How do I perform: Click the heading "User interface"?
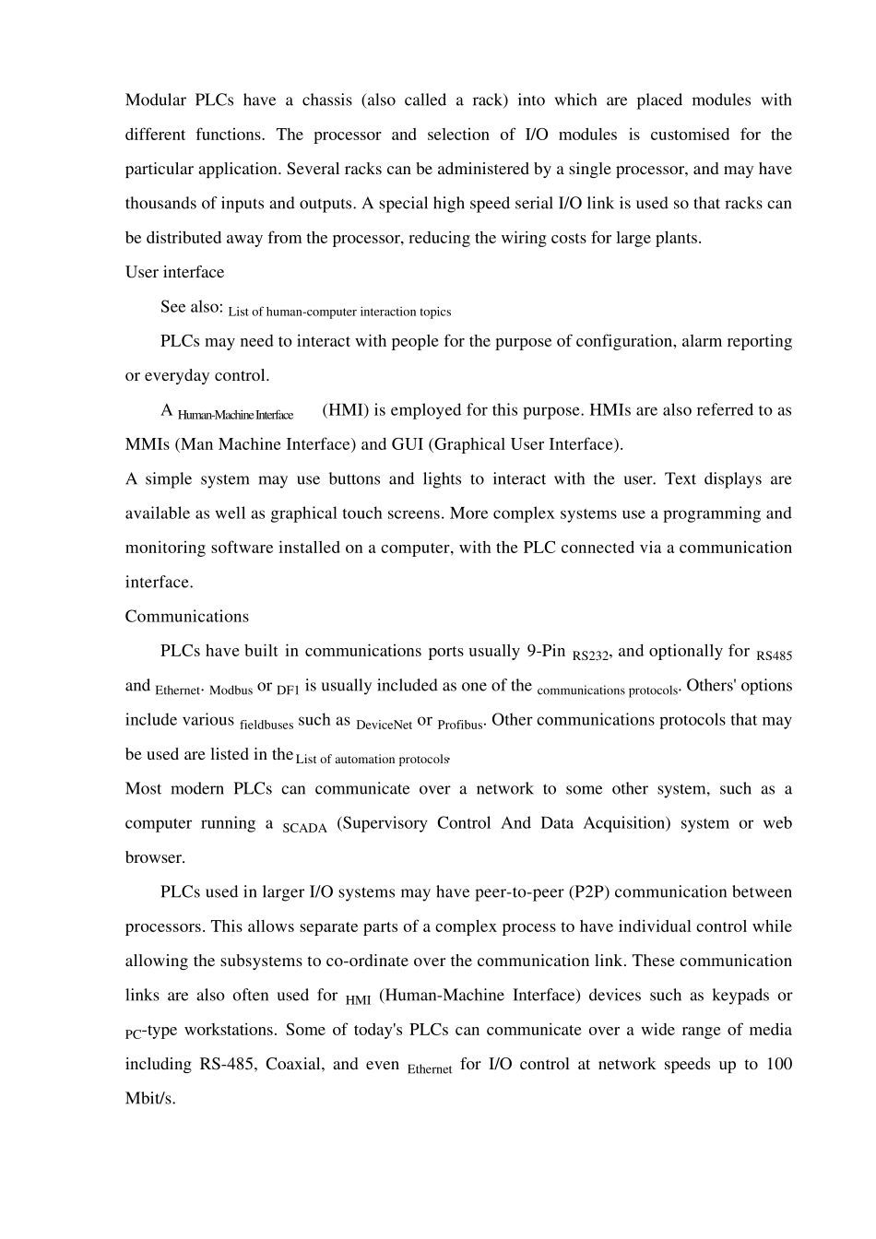pos(174,272)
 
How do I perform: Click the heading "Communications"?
pos(186,617)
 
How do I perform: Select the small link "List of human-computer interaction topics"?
pos(339,312)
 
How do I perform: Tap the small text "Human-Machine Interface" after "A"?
pos(235,415)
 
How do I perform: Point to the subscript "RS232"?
pos(590,656)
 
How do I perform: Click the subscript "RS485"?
pos(774,656)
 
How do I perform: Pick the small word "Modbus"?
pos(231,690)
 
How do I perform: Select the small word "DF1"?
pos(288,690)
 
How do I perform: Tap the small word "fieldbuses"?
pos(266,725)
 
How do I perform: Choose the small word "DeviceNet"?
pos(384,725)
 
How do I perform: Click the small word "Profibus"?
pos(459,725)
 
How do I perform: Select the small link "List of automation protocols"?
pos(371,760)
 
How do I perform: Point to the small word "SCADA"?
pos(304,828)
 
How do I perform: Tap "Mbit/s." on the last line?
pos(149,1099)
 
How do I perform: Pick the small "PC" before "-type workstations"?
pos(133,1035)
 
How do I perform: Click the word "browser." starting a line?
pos(155,857)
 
